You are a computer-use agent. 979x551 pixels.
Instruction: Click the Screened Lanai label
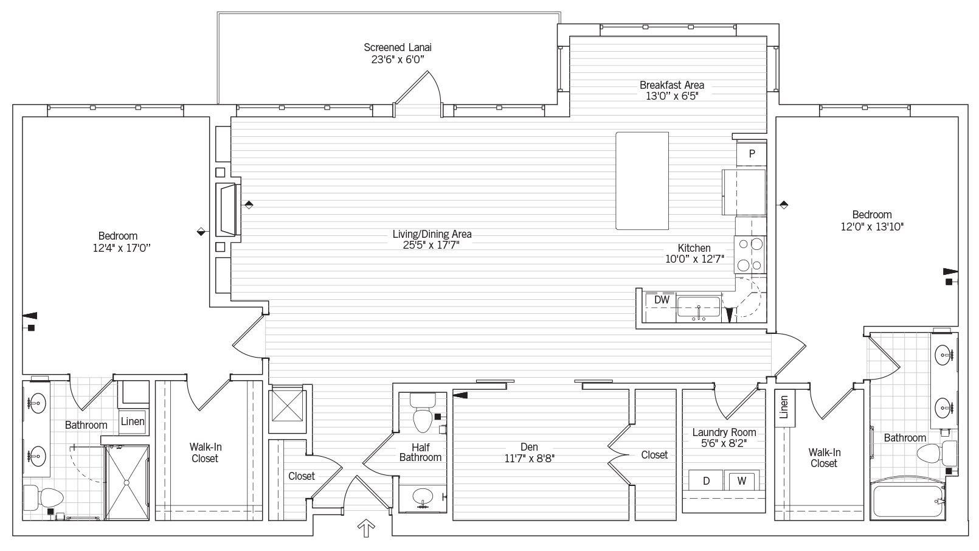tap(398, 47)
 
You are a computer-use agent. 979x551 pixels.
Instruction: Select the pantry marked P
tap(752, 154)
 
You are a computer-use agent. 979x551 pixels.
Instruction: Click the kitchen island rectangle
tap(642, 181)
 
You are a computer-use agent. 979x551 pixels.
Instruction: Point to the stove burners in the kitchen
tap(750, 255)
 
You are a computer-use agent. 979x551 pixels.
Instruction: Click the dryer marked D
tap(706, 481)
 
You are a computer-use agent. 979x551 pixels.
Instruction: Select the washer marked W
tap(742, 481)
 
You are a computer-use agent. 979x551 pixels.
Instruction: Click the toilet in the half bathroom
tap(422, 414)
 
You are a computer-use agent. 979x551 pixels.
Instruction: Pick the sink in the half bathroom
tap(422, 498)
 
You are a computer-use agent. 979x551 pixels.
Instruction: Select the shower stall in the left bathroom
tap(126, 482)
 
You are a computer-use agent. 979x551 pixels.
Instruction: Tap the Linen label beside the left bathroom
tap(133, 421)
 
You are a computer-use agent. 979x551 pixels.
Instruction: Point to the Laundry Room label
tap(724, 432)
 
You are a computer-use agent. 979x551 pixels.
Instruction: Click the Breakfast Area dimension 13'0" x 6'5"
tap(671, 96)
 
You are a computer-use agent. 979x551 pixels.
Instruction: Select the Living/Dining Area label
tap(432, 234)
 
